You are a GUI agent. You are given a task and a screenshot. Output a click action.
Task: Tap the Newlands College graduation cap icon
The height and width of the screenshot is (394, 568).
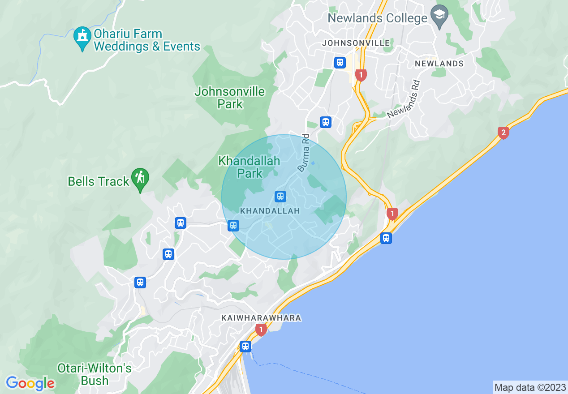[439, 17]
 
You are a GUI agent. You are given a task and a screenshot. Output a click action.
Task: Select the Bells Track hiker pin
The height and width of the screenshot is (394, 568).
[140, 179]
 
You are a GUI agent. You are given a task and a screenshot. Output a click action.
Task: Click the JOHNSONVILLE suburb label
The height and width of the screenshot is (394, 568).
[356, 43]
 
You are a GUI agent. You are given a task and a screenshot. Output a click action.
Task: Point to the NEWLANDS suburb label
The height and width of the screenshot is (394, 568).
[439, 64]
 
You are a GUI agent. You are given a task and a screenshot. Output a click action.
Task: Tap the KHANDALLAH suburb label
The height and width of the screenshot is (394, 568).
[270, 210]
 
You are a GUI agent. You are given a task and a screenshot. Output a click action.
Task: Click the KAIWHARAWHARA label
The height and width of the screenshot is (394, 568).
[261, 318]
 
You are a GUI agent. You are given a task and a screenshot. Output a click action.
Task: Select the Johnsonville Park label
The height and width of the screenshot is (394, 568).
[230, 98]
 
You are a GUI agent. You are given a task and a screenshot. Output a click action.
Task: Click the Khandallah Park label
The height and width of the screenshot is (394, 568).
[249, 167]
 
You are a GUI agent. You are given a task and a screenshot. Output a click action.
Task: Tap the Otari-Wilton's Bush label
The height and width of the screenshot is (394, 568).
[95, 374]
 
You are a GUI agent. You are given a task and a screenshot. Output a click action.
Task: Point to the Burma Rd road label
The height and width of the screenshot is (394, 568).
[304, 153]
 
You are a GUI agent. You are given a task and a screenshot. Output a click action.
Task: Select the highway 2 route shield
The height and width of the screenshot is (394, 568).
[503, 133]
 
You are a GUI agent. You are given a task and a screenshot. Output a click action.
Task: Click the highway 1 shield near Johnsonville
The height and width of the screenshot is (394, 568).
[361, 74]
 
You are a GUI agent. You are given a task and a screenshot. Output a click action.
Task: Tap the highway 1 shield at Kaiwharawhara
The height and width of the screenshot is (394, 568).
[261, 330]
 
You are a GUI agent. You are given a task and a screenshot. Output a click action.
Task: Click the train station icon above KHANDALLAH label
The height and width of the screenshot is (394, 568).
[280, 196]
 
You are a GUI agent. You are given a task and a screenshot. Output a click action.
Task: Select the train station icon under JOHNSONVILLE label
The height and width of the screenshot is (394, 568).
[340, 62]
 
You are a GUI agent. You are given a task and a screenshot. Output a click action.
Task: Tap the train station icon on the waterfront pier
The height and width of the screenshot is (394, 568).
[245, 346]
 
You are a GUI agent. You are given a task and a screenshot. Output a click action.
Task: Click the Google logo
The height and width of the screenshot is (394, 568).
[30, 383]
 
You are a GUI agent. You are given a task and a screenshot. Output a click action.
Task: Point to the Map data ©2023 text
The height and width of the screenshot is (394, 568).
[530, 387]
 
